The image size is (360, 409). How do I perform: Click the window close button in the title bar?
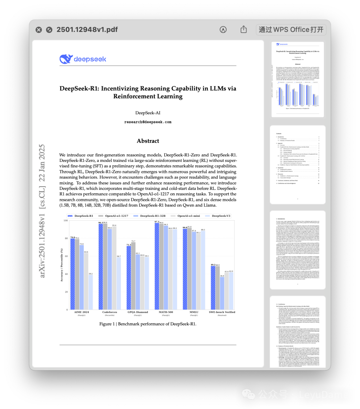click(39, 30)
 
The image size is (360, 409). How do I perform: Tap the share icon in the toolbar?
click(244, 29)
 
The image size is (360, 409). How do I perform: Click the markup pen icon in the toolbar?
click(223, 29)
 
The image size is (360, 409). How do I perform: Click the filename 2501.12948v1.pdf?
click(87, 29)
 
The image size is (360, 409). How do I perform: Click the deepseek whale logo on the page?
click(66, 59)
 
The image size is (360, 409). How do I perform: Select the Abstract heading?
click(148, 141)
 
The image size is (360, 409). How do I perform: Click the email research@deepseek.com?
click(148, 122)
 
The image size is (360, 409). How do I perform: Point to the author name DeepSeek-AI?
click(148, 113)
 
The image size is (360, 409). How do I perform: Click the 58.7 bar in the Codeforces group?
click(119, 283)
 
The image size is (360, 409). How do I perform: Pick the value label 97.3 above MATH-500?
click(157, 222)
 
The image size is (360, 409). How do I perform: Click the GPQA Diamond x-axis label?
click(138, 312)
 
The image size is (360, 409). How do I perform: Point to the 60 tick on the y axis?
click(66, 256)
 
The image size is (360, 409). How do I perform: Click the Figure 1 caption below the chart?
click(148, 324)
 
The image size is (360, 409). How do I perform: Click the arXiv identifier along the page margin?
click(42, 211)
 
